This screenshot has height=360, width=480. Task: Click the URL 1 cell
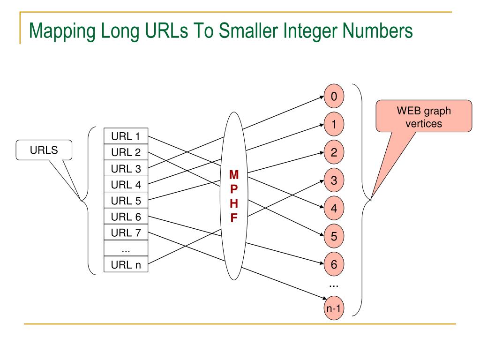click(126, 136)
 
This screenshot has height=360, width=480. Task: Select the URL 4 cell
click(126, 185)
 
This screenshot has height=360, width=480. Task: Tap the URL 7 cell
click(126, 232)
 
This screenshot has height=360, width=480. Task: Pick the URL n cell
click(126, 265)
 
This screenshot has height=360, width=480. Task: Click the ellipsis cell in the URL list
click(126, 248)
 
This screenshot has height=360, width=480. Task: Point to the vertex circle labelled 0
click(334, 97)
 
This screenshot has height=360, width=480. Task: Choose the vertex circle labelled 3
click(334, 180)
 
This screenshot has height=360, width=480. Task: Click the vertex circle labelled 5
click(334, 236)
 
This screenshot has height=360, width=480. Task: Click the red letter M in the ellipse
click(233, 175)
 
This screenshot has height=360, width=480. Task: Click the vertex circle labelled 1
click(334, 125)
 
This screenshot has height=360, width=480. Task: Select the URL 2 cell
click(126, 152)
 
